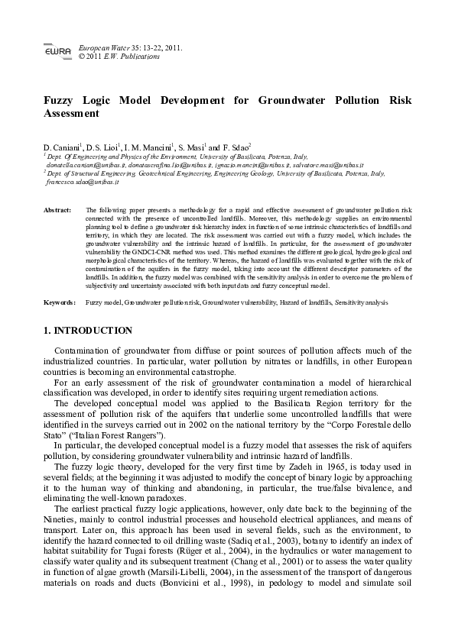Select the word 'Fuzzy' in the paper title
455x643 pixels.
(60, 100)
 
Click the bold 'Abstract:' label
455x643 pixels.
(57, 208)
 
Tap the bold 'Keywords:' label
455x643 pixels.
(59, 303)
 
